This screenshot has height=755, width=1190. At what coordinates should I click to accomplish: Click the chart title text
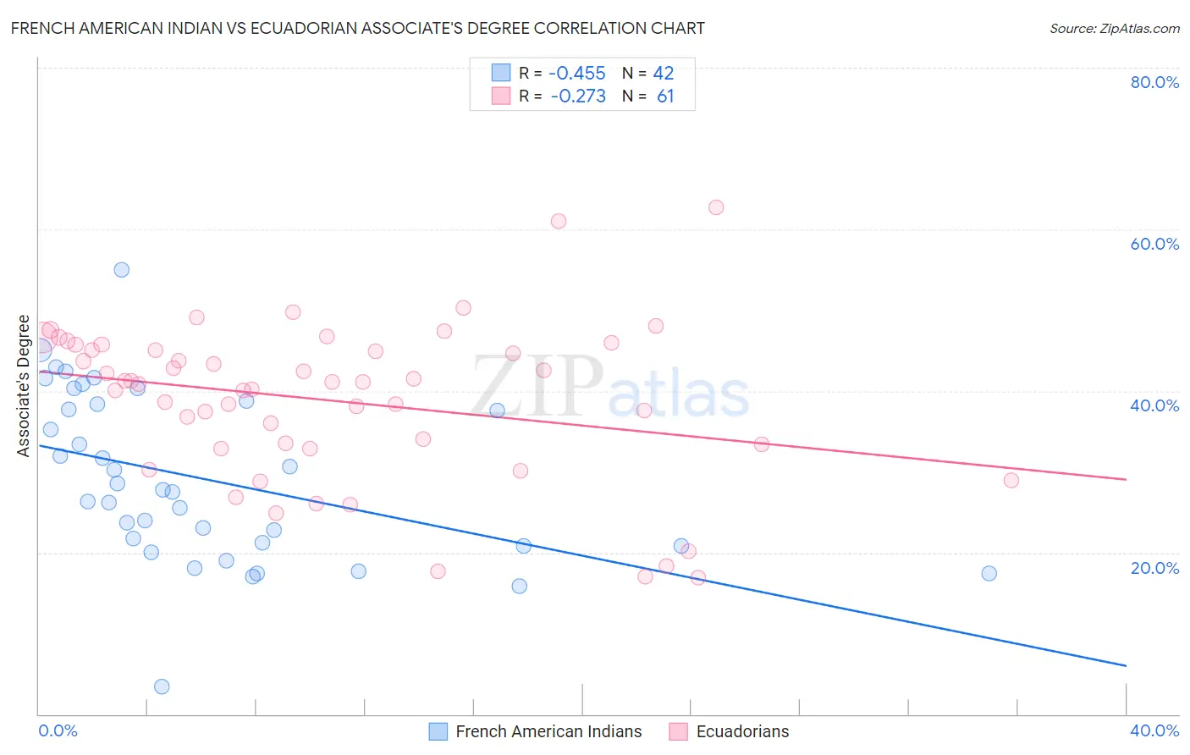point(357,28)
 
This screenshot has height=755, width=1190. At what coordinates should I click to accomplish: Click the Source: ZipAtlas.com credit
point(1114,28)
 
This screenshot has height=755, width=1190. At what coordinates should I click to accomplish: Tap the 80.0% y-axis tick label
point(1154,82)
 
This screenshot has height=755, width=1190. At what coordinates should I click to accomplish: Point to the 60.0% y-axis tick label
point(1154,244)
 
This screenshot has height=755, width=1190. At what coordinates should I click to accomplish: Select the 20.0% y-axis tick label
point(1154,568)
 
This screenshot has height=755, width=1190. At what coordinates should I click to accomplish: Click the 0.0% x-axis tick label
point(58,730)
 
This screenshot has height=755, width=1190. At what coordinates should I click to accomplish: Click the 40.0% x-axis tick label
point(1154,730)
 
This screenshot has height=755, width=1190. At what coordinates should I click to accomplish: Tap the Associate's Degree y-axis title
point(24,386)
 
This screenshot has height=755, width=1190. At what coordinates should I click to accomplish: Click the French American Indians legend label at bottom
point(548,731)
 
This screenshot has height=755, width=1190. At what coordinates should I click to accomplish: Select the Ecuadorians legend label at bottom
point(742,731)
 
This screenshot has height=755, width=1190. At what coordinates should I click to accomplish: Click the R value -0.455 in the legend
point(577,74)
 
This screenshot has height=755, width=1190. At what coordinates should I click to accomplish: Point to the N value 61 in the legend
point(665,96)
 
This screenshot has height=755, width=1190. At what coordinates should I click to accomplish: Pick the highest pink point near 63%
point(716,207)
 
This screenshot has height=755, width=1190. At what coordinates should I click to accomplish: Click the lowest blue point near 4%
point(162,686)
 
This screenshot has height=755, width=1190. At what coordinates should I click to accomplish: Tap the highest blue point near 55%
point(122,270)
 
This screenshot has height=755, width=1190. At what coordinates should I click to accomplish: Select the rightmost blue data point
point(989,573)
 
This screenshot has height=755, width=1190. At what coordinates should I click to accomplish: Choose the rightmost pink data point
point(1011,480)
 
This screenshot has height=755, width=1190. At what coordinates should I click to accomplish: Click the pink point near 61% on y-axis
point(559,221)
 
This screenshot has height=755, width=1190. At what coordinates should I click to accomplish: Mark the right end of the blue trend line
point(1126,665)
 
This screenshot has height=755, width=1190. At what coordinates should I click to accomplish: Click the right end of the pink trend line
point(1126,479)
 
